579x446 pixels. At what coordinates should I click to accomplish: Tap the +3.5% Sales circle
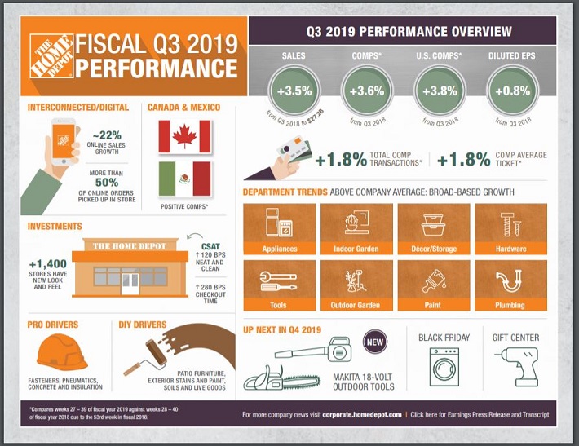click(x=294, y=91)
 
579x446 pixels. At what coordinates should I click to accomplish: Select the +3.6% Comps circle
click(x=367, y=91)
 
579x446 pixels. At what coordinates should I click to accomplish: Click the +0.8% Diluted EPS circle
click(x=510, y=91)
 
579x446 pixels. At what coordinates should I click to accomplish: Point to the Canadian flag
click(x=183, y=137)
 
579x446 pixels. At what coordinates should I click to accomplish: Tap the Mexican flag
click(x=183, y=178)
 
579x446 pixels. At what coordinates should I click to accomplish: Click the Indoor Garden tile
click(x=354, y=228)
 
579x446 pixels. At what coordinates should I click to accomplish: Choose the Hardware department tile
click(x=510, y=228)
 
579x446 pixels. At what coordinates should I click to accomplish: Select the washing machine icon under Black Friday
click(x=444, y=368)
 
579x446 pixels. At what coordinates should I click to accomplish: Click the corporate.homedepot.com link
click(x=361, y=415)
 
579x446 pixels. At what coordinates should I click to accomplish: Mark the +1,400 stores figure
click(x=46, y=265)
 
